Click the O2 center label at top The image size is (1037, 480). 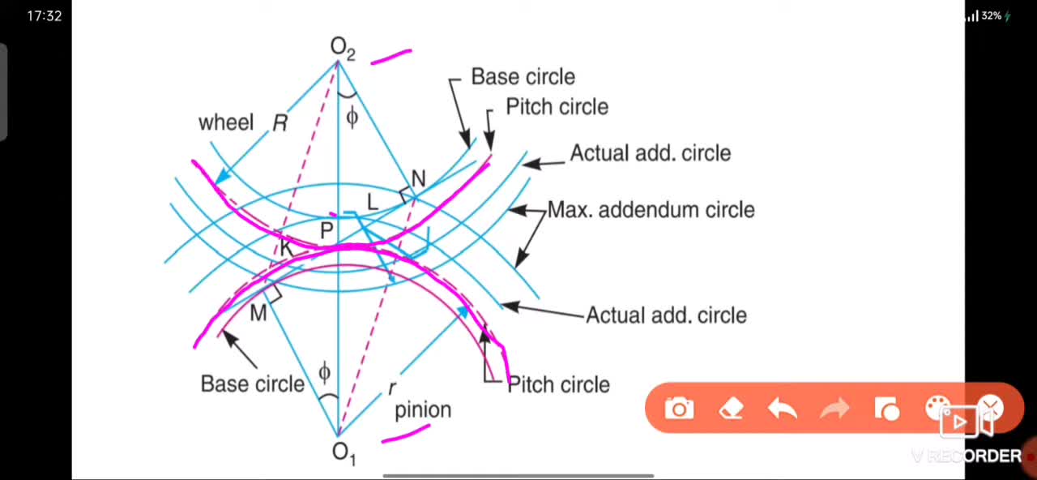coord(343,49)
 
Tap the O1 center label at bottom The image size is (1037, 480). coord(344,452)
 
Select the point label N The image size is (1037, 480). coord(419,179)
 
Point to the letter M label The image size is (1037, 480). coord(258,313)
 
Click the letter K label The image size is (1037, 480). coord(286,249)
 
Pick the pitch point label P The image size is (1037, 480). coord(326,230)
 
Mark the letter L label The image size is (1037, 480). coord(372,203)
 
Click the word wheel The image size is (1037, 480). coord(226,122)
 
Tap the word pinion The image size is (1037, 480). coord(423,410)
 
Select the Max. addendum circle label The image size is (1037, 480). coord(651,210)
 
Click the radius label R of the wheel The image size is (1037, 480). coord(280,123)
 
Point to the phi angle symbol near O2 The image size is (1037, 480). coord(352,117)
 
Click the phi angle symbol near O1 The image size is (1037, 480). coord(325,372)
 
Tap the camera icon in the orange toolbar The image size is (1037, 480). coord(679,409)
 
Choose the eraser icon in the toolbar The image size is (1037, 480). coord(731,409)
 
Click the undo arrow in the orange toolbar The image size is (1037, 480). coord(782,409)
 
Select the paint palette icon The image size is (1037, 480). coord(936,408)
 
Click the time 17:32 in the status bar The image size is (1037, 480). coord(45,16)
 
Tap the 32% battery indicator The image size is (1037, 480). coord(991,15)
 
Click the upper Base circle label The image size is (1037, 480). coord(523,77)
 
